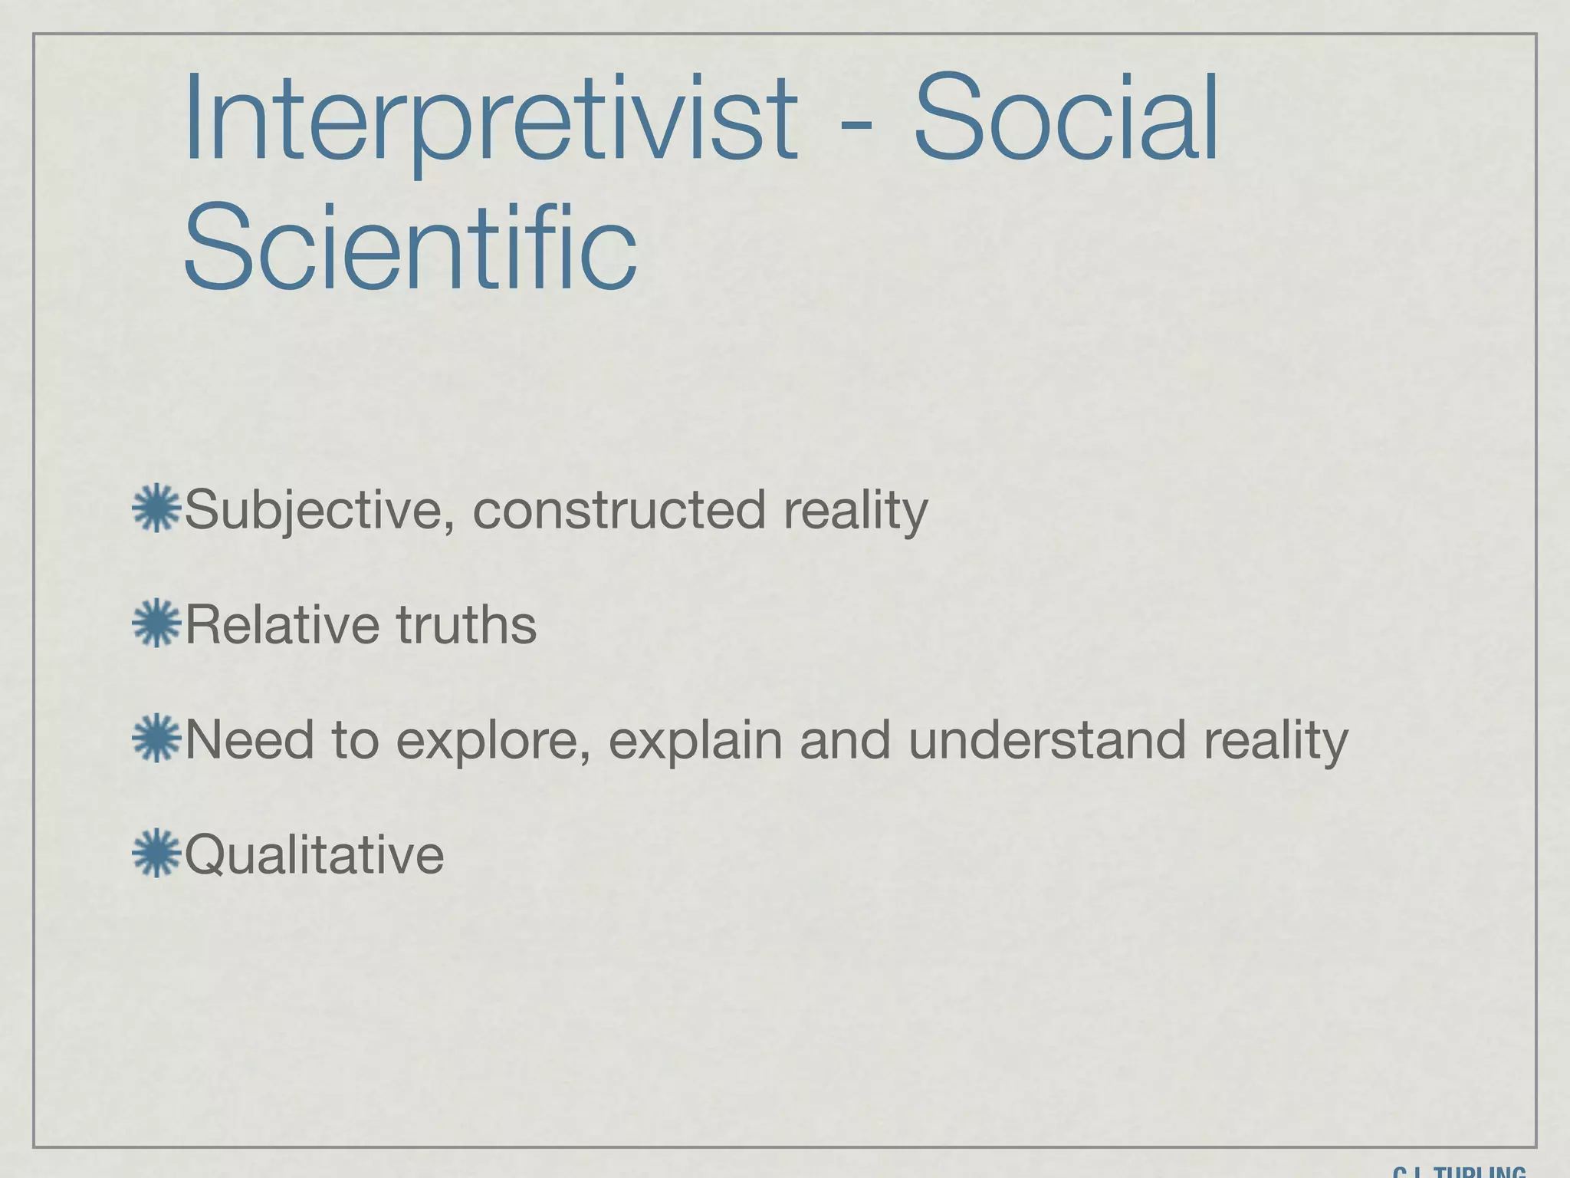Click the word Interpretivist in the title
[491, 119]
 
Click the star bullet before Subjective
[156, 508]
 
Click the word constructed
[619, 510]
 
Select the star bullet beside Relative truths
[156, 623]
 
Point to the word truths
[466, 624]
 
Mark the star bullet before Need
[156, 738]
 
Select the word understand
[1047, 740]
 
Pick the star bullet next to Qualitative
[156, 853]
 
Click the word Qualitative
[314, 855]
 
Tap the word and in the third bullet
[845, 740]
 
